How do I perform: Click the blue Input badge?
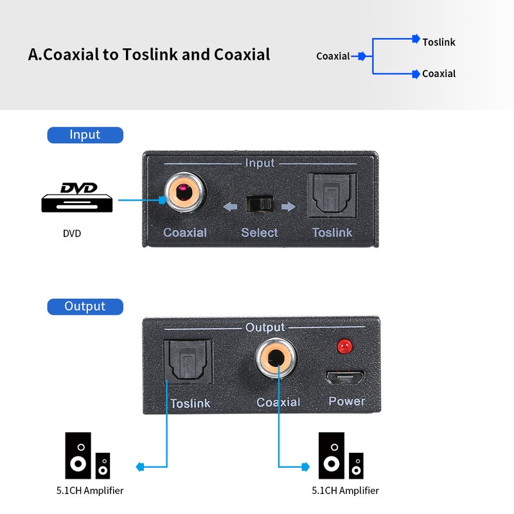pyautogui.click(x=85, y=135)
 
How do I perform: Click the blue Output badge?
pyautogui.click(x=85, y=306)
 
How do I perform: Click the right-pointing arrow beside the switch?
pyautogui.click(x=289, y=207)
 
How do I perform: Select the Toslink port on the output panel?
pyautogui.click(x=188, y=363)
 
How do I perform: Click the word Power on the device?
pyautogui.click(x=346, y=402)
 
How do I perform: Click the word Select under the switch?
pyautogui.click(x=260, y=233)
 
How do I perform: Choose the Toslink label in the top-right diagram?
pyautogui.click(x=439, y=42)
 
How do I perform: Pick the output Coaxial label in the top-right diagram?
pyautogui.click(x=439, y=74)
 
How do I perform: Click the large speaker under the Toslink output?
pyautogui.click(x=78, y=456)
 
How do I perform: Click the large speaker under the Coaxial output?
pyautogui.click(x=332, y=456)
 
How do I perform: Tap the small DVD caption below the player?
pyautogui.click(x=72, y=234)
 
